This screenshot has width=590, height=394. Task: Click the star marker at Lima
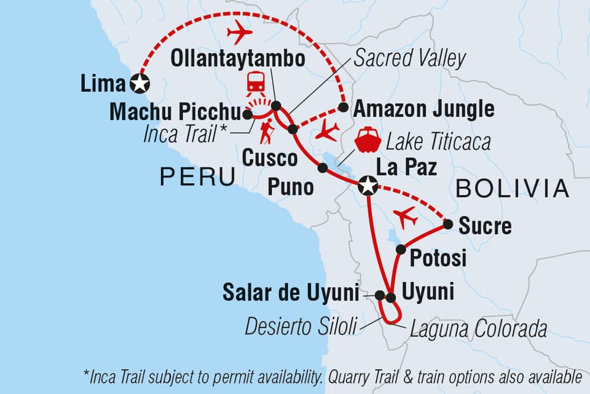[140, 83]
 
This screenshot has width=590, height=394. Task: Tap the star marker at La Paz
[368, 185]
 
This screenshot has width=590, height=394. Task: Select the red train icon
[256, 82]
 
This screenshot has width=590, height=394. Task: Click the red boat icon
[368, 140]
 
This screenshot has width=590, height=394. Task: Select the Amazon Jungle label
[424, 109]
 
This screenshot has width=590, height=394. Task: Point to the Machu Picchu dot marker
[247, 114]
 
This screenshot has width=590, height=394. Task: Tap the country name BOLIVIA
[513, 189]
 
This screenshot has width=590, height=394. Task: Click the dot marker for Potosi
[401, 249]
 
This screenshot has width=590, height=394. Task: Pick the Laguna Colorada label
[476, 329]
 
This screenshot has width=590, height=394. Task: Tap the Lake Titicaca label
[438, 143]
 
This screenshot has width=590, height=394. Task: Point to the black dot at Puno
[322, 167]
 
